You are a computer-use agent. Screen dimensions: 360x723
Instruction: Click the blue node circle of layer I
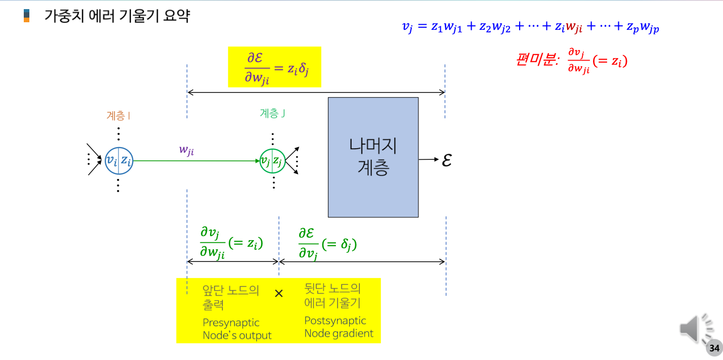[118, 161]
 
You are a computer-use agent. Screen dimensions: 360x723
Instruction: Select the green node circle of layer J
[272, 161]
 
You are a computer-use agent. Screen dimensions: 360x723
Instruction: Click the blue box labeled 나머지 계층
[373, 157]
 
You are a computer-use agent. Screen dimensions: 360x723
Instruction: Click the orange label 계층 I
[118, 116]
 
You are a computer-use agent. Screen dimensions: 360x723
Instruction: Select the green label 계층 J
[272, 114]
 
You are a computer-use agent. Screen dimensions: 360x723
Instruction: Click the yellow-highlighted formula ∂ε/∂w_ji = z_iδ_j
[275, 67]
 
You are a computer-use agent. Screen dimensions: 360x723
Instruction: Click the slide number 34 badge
[714, 348]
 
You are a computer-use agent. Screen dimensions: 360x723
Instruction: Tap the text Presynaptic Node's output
[237, 329]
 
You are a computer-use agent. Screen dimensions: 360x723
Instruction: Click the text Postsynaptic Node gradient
[338, 327]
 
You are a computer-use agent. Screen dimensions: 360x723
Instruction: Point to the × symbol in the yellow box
[278, 293]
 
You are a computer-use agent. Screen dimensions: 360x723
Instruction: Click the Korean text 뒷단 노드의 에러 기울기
[332, 296]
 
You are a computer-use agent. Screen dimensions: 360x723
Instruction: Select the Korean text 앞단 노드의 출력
[231, 297]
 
